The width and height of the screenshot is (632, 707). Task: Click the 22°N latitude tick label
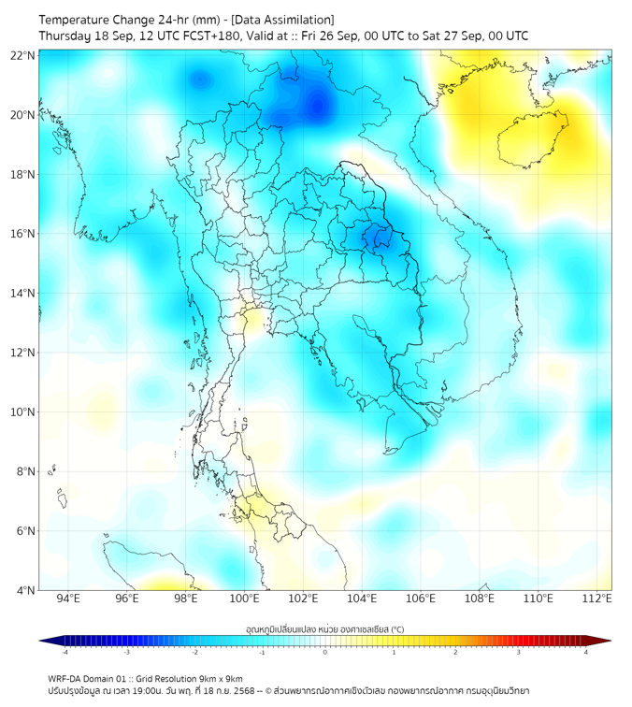tap(23, 56)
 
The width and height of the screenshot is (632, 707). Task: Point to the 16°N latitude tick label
tap(23, 234)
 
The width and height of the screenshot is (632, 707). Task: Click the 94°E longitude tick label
tap(68, 599)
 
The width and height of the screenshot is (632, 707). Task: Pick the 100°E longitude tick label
tap(245, 599)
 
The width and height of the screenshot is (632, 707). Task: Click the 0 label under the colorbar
tap(325, 652)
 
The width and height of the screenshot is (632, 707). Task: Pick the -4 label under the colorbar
tap(64, 652)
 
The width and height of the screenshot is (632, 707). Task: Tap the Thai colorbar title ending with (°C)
tap(324, 628)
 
